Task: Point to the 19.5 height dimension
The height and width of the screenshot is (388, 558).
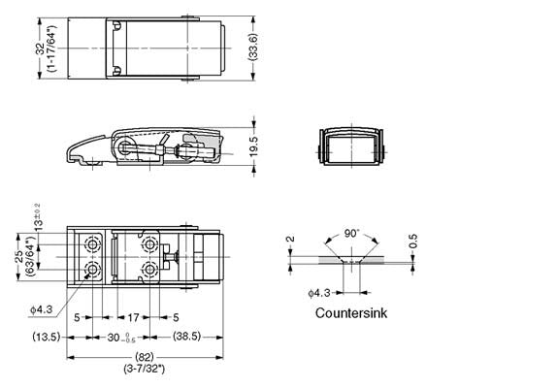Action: coord(255,145)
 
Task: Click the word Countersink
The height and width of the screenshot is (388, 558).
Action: coord(355,313)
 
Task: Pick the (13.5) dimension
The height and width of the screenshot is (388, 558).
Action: coord(48,337)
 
